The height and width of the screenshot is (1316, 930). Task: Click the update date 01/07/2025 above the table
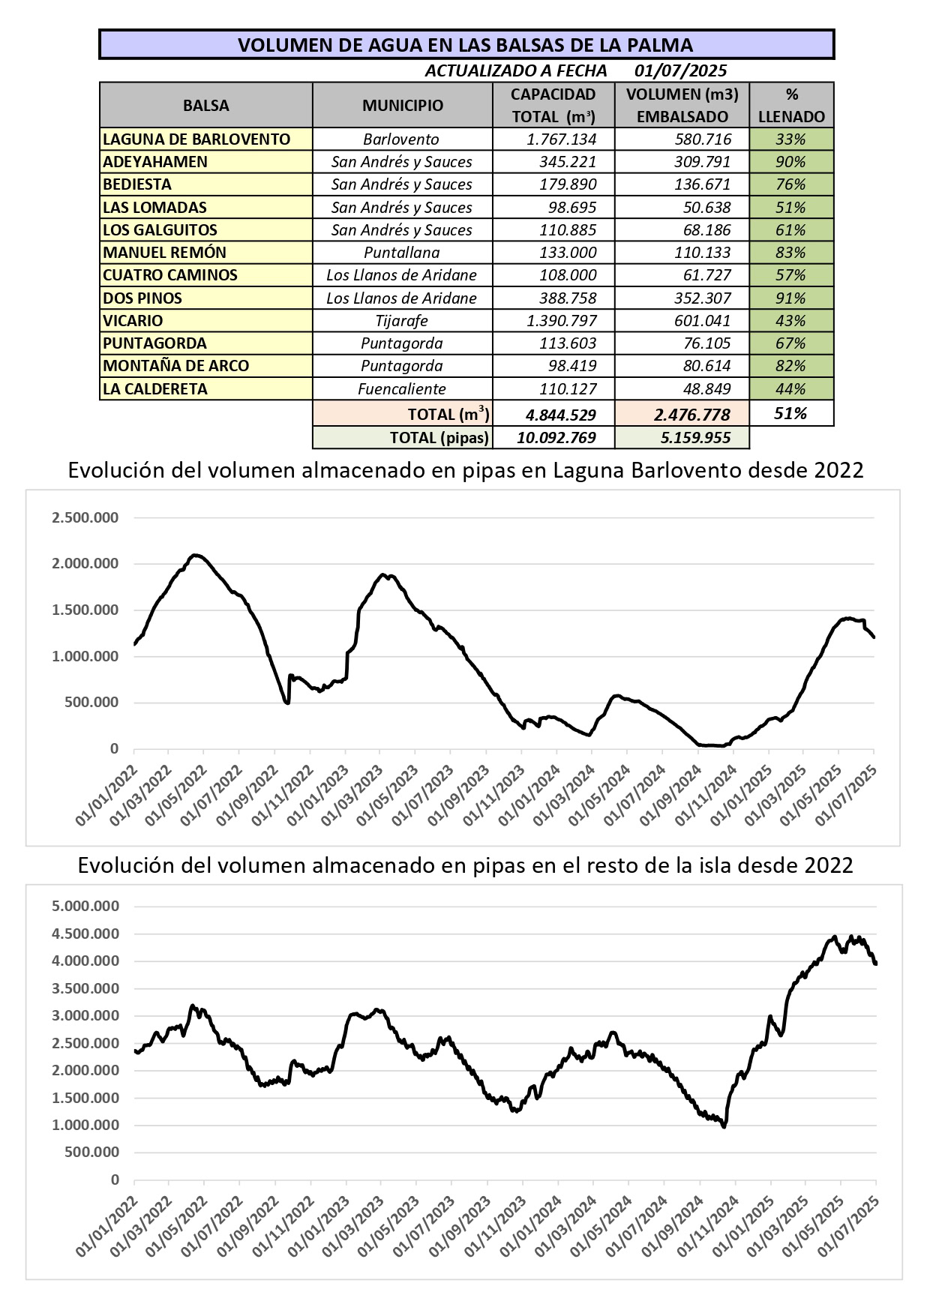(680, 70)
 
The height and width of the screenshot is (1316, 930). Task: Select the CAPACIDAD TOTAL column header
(553, 105)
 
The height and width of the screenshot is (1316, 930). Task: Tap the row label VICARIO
(133, 321)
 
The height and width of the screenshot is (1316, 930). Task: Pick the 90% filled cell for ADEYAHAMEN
(790, 162)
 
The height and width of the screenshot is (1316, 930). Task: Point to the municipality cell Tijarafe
(401, 321)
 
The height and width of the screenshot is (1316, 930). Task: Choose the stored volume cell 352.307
(702, 298)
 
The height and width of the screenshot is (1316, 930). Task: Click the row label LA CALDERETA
(154, 389)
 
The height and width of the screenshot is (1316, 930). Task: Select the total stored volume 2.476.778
(691, 415)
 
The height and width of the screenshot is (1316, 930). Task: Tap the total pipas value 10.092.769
(556, 438)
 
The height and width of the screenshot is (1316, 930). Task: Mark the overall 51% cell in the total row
(790, 414)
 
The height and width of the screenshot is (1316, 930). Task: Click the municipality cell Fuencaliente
(401, 389)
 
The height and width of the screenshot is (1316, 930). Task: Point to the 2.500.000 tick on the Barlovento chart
(85, 517)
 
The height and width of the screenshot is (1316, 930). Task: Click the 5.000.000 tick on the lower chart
(85, 906)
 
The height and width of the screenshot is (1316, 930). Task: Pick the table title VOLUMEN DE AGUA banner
(466, 45)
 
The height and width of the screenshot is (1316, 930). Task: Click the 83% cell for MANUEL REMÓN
(790, 253)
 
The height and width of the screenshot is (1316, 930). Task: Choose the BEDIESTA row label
(137, 184)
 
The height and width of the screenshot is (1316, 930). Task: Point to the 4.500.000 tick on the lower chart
(85, 934)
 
